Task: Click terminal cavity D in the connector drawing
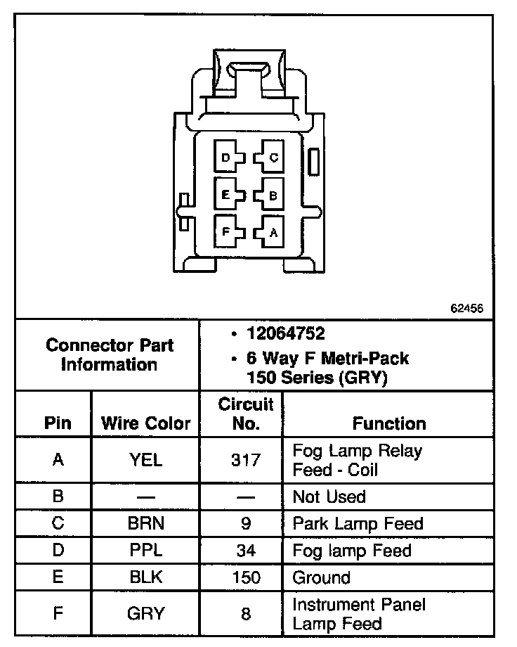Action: [x=227, y=158]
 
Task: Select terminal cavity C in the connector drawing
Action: [x=271, y=158]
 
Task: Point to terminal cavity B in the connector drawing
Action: [x=271, y=195]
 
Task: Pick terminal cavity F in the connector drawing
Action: [x=227, y=231]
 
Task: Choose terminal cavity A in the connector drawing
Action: [x=271, y=231]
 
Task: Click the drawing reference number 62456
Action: [x=466, y=308]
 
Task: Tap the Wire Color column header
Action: [x=146, y=423]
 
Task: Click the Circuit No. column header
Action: [x=246, y=414]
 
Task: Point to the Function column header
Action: [x=389, y=423]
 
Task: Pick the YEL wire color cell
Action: [x=146, y=461]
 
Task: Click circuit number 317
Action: [x=246, y=461]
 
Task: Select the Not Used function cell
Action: [x=329, y=497]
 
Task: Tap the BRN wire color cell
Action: [x=146, y=524]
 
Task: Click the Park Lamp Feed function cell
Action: [x=358, y=524]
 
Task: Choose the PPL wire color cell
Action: [x=146, y=551]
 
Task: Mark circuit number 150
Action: [x=246, y=577]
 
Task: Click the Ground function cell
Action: [x=321, y=577]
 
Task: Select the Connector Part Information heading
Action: [x=109, y=355]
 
